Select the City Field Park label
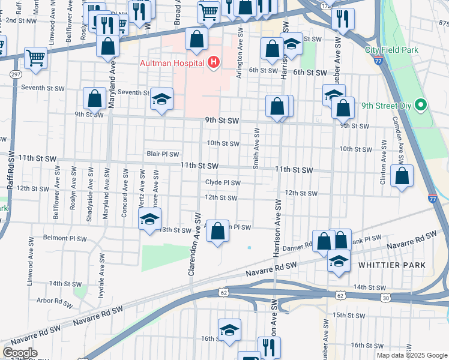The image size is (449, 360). coord(391,50)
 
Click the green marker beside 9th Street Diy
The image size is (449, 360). coord(421,106)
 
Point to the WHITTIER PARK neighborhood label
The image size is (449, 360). coord(391,265)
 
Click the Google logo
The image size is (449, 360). coord(19,353)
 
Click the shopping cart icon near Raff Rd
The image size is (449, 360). coord(36,58)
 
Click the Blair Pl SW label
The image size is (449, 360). coord(163,154)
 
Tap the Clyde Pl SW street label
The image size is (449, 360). coord(223,183)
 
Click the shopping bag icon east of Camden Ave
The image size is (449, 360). coord(402,176)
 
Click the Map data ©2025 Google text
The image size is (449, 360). coord(411,355)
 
